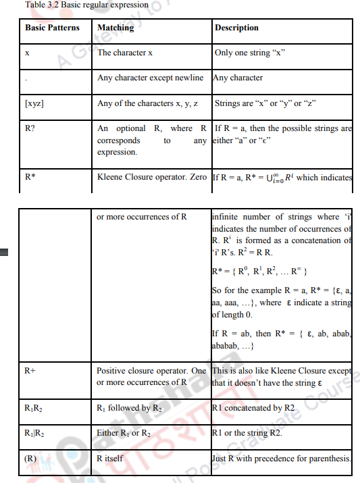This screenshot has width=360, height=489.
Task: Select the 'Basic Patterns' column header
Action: click(52, 28)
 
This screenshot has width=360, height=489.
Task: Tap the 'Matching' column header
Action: click(115, 28)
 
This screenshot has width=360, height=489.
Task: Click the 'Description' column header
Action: click(236, 28)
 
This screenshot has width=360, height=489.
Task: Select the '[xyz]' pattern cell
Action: click(34, 103)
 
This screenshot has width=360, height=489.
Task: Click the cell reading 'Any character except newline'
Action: click(150, 78)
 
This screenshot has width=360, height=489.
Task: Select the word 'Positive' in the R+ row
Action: click(112, 371)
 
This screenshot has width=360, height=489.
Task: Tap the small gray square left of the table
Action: click(5, 253)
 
